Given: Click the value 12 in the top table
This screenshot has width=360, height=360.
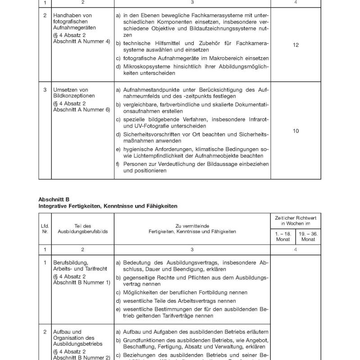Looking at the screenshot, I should pyautogui.click(x=296, y=46).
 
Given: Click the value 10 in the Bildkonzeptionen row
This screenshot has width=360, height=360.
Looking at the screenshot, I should pyautogui.click(x=296, y=131).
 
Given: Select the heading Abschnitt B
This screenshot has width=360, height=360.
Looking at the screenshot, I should pyautogui.click(x=54, y=199).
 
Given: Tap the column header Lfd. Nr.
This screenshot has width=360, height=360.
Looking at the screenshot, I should pyautogui.click(x=45, y=228).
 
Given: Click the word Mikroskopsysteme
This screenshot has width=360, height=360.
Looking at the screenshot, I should pyautogui.click(x=143, y=66).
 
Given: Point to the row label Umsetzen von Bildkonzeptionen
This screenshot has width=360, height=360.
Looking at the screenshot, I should pyautogui.click(x=72, y=93).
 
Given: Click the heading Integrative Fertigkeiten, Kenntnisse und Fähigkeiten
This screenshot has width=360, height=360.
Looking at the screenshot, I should pyautogui.click(x=108, y=206).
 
